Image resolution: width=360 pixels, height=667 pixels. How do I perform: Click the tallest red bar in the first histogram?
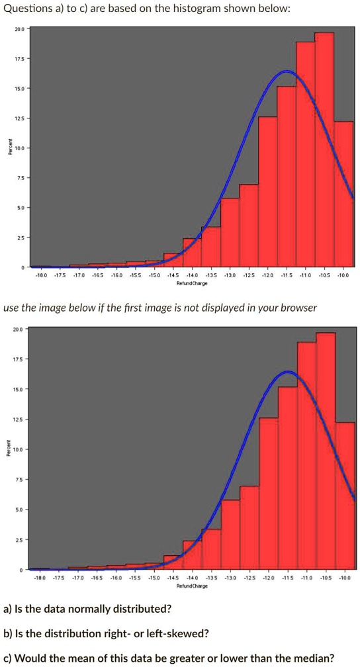point(324,149)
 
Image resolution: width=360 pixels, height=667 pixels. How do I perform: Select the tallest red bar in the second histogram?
point(326,450)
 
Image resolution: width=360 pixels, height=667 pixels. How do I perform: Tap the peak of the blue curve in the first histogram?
point(287,71)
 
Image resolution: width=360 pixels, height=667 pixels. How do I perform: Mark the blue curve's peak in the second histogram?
point(288,372)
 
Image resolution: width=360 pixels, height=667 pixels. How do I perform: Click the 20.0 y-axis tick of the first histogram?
point(19,29)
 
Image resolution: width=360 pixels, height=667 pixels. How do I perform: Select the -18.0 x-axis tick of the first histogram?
point(40,275)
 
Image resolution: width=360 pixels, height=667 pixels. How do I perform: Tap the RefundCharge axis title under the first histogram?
point(192,283)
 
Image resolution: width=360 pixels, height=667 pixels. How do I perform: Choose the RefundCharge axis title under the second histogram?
point(193,586)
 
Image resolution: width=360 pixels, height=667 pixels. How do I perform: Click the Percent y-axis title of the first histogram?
point(8,148)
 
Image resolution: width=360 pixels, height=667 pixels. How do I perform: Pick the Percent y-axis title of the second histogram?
point(8,449)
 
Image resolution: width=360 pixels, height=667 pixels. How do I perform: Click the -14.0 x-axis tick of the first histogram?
point(192,275)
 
